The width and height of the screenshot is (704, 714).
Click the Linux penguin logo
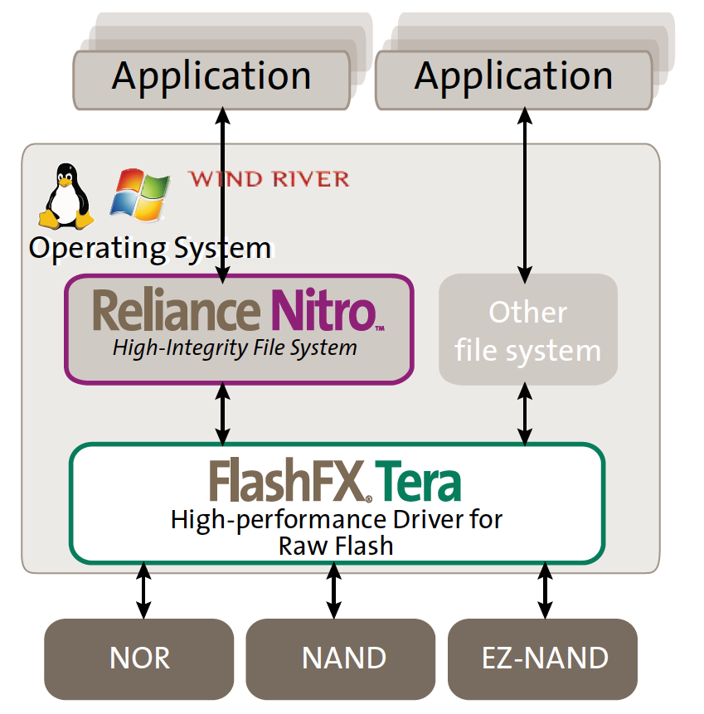point(66,197)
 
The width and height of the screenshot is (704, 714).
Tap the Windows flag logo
point(140,195)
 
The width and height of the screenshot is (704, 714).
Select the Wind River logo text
point(269,179)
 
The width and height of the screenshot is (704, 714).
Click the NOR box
point(138,658)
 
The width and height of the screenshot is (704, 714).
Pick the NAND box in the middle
point(341,658)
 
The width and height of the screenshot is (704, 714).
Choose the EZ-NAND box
point(543,658)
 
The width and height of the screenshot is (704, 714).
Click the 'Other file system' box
point(528,330)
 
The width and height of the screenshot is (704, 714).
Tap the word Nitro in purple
point(323,309)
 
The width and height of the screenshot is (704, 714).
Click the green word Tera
point(418,481)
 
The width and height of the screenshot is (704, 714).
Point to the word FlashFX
point(287,480)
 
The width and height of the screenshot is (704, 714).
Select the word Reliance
point(177,309)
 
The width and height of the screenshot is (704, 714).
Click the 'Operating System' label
point(150,249)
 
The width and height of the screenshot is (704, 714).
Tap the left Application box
point(211,80)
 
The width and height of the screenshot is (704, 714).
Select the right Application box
point(513,80)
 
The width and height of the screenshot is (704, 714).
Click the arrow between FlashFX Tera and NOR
point(143,590)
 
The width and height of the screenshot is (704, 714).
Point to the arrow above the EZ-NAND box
point(545,590)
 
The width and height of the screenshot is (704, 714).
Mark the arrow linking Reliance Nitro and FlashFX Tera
point(222,414)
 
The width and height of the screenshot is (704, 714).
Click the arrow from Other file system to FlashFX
point(525,414)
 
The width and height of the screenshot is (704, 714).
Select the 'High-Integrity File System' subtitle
point(235,348)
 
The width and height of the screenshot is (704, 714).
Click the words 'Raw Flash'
point(336,546)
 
